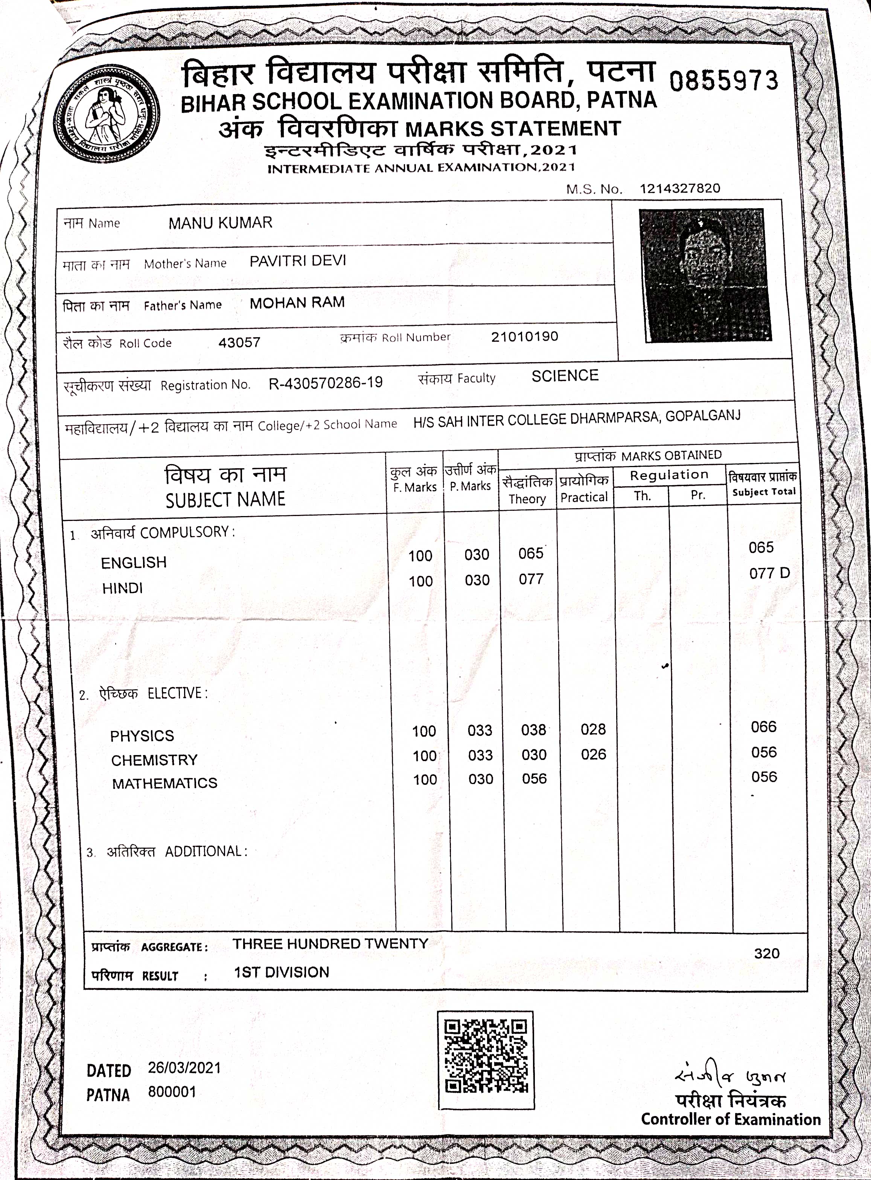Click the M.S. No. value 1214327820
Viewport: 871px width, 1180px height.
[680, 189]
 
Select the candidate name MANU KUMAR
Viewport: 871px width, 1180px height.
[221, 223]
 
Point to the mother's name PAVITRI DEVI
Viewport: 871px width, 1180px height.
[298, 261]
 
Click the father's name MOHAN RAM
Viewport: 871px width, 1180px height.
[297, 303]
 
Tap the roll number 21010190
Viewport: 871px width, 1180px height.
[524, 336]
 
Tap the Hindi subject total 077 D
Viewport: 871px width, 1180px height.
[769, 573]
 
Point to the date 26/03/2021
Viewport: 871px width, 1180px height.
[184, 1068]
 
